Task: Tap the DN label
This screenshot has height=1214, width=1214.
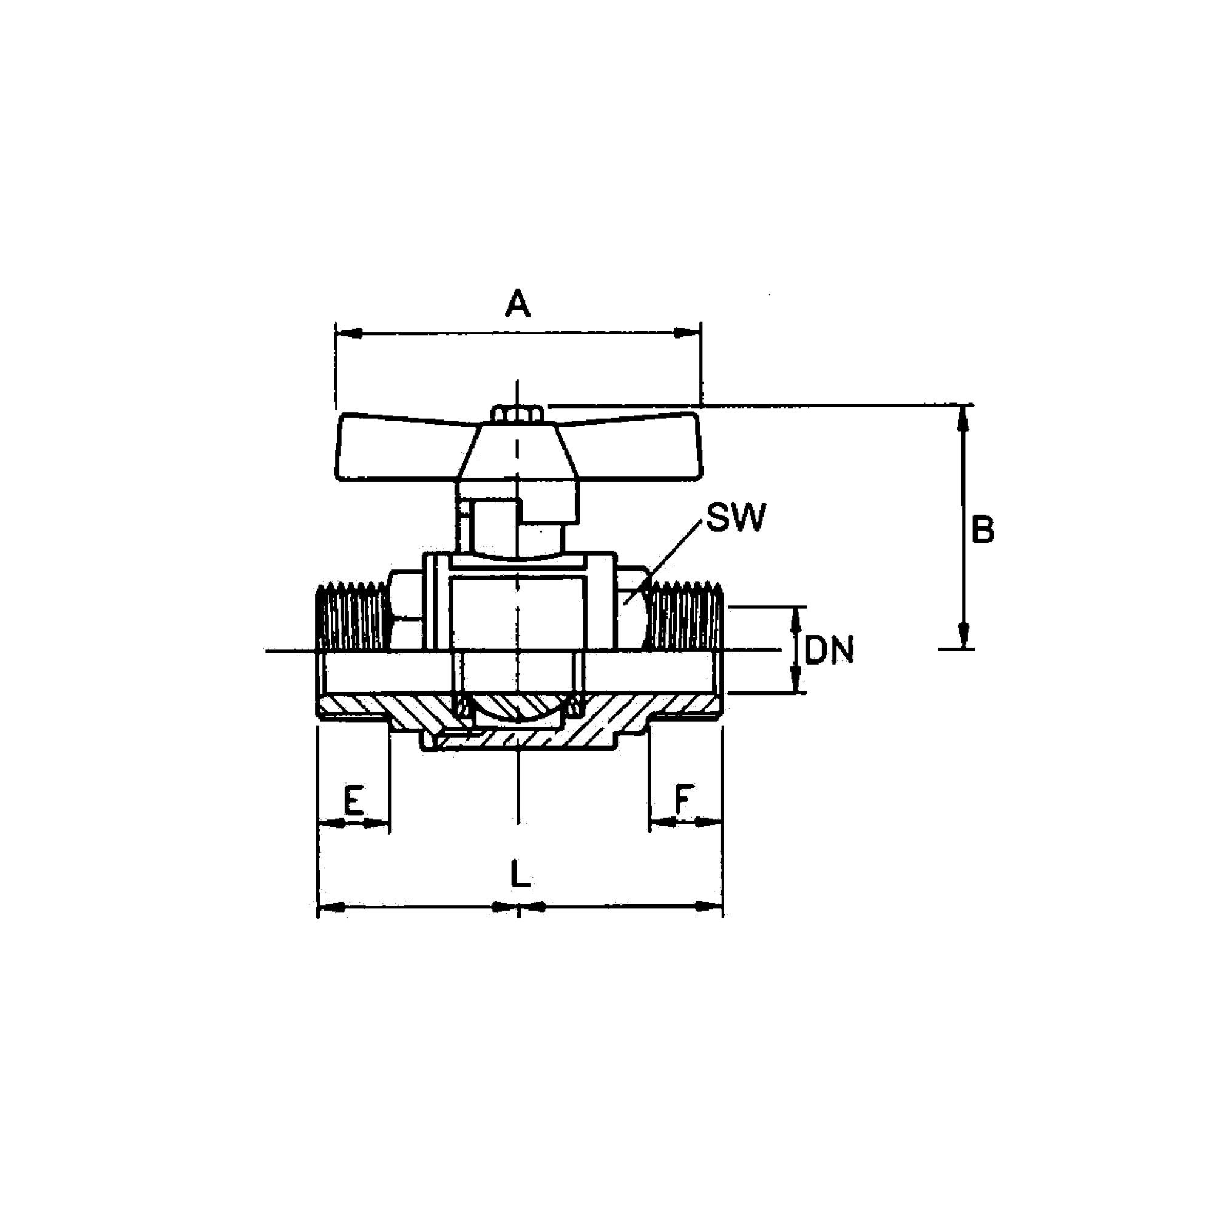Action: pyautogui.click(x=829, y=650)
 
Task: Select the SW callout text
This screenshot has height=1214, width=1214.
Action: pyautogui.click(x=736, y=517)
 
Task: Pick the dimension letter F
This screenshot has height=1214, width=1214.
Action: pyautogui.click(x=683, y=799)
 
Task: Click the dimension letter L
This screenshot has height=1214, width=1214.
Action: pyautogui.click(x=520, y=874)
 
